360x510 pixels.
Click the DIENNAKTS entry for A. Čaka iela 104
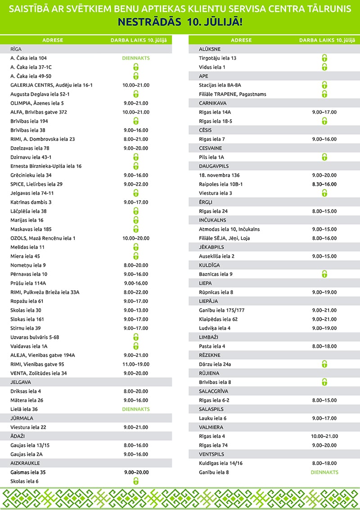click(x=135, y=58)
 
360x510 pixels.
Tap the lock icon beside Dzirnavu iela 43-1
click(x=135, y=157)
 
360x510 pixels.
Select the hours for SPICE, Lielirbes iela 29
click(x=135, y=184)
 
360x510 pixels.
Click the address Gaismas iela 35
click(x=28, y=472)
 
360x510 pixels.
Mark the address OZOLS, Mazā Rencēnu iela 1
click(x=43, y=238)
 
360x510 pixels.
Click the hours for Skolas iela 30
click(x=135, y=310)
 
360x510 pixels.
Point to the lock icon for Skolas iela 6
click(x=135, y=481)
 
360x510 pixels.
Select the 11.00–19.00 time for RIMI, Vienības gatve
click(x=135, y=364)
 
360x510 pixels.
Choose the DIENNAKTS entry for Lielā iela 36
click(x=135, y=409)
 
